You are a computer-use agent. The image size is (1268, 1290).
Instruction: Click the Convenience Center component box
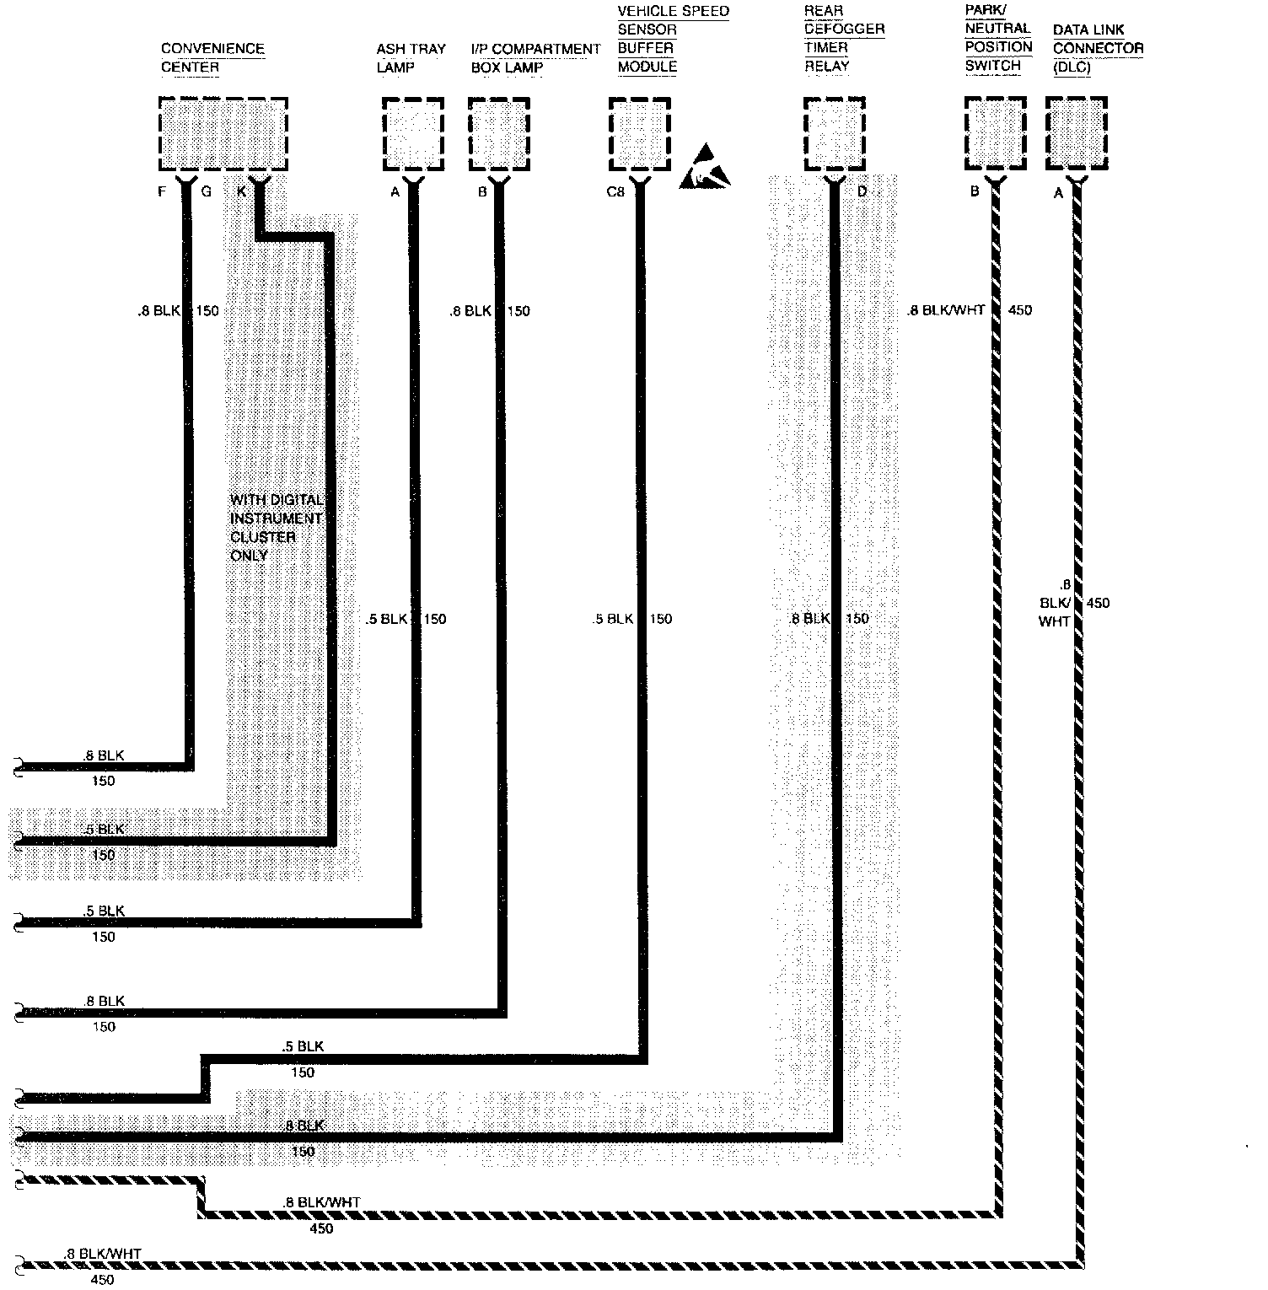[223, 133]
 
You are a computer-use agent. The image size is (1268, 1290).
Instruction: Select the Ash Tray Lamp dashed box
[412, 133]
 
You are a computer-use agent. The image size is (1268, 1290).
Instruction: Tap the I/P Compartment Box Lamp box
[498, 133]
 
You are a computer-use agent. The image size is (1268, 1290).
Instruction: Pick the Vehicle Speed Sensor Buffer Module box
[639, 133]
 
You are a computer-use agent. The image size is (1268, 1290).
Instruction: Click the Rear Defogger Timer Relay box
[834, 133]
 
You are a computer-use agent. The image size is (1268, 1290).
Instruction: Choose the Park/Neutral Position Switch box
[996, 133]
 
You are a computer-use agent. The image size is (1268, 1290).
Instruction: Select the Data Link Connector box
[1076, 133]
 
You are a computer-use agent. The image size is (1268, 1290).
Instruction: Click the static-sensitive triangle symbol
[703, 168]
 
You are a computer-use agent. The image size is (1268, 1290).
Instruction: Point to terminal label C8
[615, 192]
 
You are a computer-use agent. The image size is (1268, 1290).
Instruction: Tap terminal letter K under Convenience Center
[241, 192]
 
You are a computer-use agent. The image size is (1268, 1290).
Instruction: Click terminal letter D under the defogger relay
[862, 192]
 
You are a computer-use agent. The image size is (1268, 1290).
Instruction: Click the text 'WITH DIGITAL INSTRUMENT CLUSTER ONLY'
[276, 528]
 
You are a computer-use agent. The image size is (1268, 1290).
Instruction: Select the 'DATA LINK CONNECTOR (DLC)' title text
[1097, 48]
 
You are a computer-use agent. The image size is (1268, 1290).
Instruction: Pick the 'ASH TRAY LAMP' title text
[411, 57]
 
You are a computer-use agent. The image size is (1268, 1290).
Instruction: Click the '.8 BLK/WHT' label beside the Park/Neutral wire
[946, 310]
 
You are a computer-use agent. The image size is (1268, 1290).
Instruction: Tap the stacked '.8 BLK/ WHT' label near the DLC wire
[1055, 603]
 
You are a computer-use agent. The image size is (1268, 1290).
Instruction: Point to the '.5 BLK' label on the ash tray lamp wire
[387, 619]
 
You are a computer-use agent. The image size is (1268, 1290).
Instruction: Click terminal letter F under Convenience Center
[163, 192]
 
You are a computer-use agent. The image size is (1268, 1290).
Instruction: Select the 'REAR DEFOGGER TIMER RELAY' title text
[843, 39]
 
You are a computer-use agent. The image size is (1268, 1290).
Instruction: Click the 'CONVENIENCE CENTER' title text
[212, 57]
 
